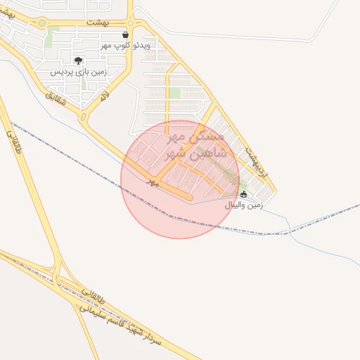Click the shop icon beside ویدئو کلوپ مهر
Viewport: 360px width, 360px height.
pos(125,34)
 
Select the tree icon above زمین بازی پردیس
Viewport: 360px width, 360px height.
pos(78,60)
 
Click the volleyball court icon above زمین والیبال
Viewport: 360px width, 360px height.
pos(244,194)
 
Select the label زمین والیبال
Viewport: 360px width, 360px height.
pos(243,205)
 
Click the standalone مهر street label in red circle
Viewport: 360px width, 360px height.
pos(152,181)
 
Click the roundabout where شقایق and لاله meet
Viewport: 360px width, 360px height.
pos(83,117)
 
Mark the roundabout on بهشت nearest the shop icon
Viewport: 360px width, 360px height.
pos(131,22)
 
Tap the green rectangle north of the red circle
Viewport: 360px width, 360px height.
pos(174,93)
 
